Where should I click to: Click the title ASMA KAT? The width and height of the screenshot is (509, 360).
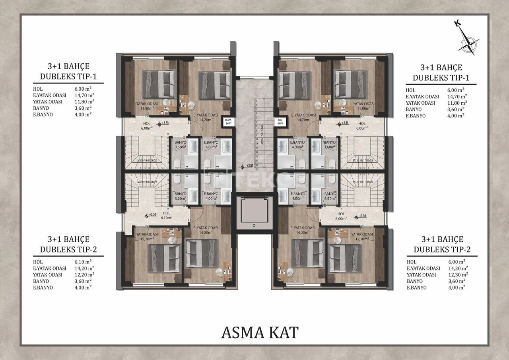point(259,332)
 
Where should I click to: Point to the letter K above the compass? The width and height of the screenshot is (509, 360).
point(457,24)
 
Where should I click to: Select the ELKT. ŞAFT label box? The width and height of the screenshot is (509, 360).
point(228,122)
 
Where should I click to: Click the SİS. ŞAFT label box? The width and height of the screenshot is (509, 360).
point(280,122)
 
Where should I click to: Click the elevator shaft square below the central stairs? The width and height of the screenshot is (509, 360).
point(254,213)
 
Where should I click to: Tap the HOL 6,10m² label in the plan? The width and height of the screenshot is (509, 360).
point(166,215)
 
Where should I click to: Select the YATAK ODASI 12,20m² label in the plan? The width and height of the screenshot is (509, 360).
point(147,236)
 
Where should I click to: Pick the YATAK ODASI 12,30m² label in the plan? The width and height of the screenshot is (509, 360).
point(362,236)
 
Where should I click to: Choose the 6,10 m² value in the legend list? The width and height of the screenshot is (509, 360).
point(84,262)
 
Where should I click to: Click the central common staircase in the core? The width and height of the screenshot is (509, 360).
point(254,131)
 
